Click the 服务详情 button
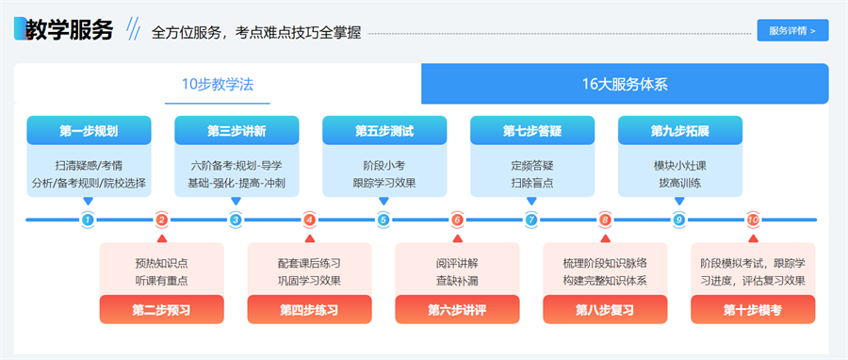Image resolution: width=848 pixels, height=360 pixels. (x=792, y=30)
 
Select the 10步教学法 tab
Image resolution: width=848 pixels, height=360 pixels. (x=218, y=84)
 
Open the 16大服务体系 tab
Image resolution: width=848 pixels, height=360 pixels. (x=625, y=84)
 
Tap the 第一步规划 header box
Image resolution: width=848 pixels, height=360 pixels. (x=89, y=130)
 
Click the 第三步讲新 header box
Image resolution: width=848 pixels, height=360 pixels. (x=236, y=130)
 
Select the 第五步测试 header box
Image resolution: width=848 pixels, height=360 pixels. (x=384, y=130)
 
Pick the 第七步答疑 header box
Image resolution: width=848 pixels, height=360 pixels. (x=532, y=130)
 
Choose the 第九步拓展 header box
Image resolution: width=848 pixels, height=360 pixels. (x=679, y=130)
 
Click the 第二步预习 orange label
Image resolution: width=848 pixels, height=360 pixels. (x=162, y=309)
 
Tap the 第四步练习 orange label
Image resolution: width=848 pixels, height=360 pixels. (x=310, y=309)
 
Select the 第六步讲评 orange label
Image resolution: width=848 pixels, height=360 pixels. (x=457, y=309)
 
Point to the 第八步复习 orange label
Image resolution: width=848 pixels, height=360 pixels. (x=605, y=309)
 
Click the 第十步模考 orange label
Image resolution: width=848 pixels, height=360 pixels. (x=753, y=309)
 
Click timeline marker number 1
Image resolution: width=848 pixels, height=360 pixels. (x=88, y=221)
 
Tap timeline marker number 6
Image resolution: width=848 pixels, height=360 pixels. (x=458, y=221)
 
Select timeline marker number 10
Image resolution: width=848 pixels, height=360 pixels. (x=753, y=221)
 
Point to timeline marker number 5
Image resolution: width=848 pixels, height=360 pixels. (x=383, y=221)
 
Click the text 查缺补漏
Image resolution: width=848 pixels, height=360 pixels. (x=457, y=280)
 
